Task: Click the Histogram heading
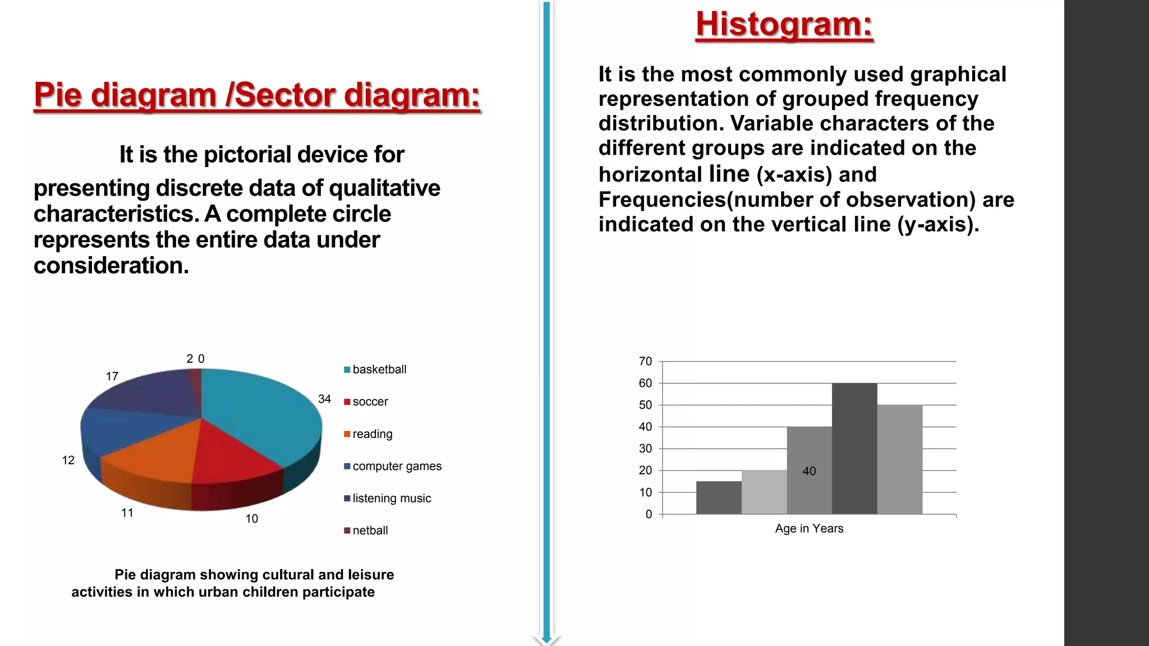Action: coord(784,25)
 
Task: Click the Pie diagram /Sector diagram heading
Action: coord(257,95)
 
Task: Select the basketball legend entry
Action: coord(379,370)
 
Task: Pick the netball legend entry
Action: coord(369,530)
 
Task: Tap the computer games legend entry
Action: coord(396,466)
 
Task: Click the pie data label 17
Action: coord(112,376)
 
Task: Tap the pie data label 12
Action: coord(68,460)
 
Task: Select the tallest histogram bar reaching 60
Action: coord(854,449)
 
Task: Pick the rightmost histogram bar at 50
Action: coord(900,460)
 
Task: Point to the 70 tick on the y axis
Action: coord(645,362)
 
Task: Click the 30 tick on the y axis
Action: coord(645,449)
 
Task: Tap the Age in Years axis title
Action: coord(809,529)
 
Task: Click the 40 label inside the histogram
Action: coord(809,471)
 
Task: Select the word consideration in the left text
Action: coord(111,266)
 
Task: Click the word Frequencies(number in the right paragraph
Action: coord(718,200)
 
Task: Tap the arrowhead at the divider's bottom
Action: coord(546,639)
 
